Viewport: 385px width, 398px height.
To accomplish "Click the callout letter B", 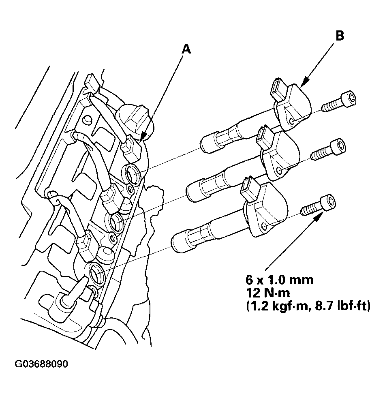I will tap(340, 36).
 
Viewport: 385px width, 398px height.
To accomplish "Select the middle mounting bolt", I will tap(329, 150).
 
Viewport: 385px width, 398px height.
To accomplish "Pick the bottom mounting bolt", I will tap(319, 205).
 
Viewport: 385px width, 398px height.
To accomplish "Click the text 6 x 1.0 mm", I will tap(279, 280).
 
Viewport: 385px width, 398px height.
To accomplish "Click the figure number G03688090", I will tap(42, 364).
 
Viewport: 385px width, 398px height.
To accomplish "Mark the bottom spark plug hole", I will tap(97, 272).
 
